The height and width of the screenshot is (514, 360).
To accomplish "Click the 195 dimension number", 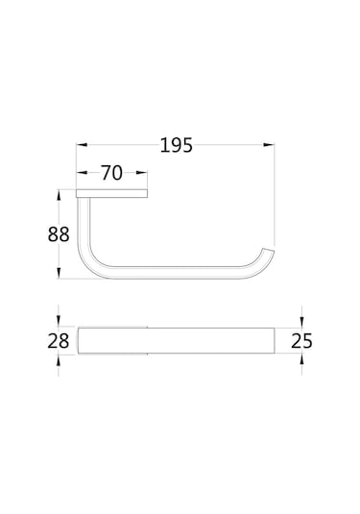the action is [177, 145].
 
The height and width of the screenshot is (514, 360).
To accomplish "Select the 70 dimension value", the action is [111, 173].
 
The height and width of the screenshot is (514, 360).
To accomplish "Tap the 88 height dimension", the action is [59, 234].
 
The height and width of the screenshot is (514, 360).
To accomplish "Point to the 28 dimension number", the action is [59, 341].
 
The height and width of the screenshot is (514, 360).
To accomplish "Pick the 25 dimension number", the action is [301, 341].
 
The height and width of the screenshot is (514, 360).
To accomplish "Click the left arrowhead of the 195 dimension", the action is [82, 144].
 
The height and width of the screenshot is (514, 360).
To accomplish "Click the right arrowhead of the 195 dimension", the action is [269, 144].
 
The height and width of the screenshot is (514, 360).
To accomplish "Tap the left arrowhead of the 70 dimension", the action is [82, 172].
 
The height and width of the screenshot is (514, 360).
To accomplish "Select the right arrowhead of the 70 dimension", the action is [142, 172].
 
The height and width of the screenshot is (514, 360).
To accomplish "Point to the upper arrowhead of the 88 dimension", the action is [59, 195].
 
